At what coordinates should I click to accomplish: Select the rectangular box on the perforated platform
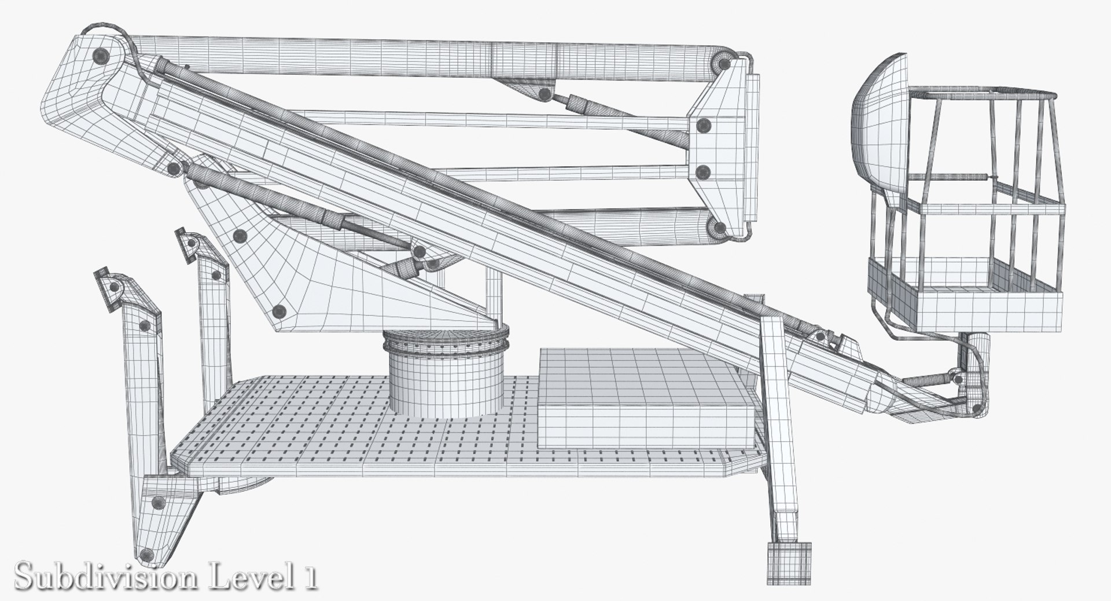(x=645, y=400)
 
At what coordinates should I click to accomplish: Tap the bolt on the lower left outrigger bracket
(x=156, y=503)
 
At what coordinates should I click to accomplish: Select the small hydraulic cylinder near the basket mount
(x=926, y=381)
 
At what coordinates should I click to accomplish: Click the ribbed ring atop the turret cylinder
(x=446, y=342)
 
